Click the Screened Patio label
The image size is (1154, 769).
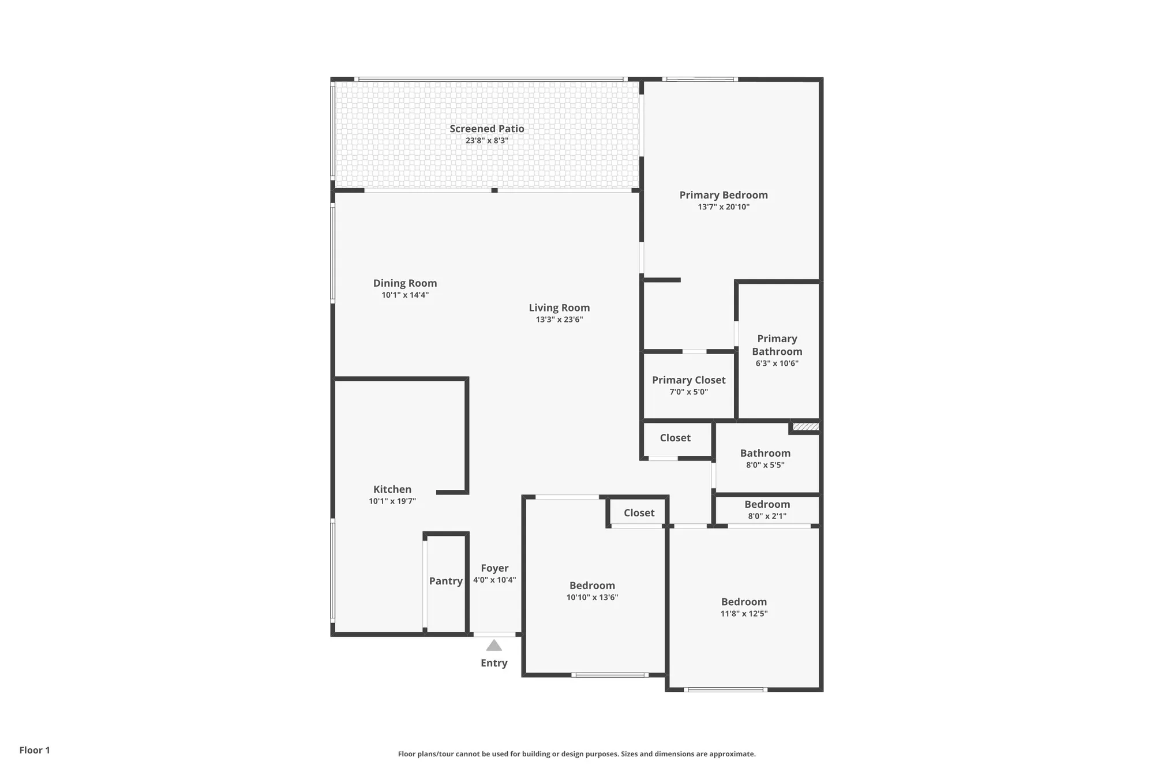[487, 129]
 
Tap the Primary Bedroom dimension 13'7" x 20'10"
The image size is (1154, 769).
[724, 207]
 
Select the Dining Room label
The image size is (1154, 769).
[404, 283]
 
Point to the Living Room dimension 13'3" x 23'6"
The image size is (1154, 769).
[559, 320]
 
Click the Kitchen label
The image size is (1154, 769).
[392, 489]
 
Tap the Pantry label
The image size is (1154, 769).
[445, 581]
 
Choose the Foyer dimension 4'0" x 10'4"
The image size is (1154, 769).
[494, 580]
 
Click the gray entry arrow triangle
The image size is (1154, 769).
[494, 646]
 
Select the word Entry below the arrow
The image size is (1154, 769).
[494, 663]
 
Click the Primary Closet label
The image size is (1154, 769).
[688, 380]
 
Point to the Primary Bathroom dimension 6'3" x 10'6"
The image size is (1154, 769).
[777, 363]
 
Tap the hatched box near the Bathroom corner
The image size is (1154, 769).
[805, 427]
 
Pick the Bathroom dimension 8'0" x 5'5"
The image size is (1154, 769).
[765, 465]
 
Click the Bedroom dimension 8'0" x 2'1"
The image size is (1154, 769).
[767, 516]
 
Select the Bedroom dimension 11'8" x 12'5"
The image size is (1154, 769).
[744, 614]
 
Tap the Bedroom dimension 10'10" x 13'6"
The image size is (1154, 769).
[592, 598]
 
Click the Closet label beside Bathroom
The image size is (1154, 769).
[675, 438]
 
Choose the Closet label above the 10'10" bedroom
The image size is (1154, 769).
[639, 513]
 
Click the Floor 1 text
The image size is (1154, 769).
[35, 750]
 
